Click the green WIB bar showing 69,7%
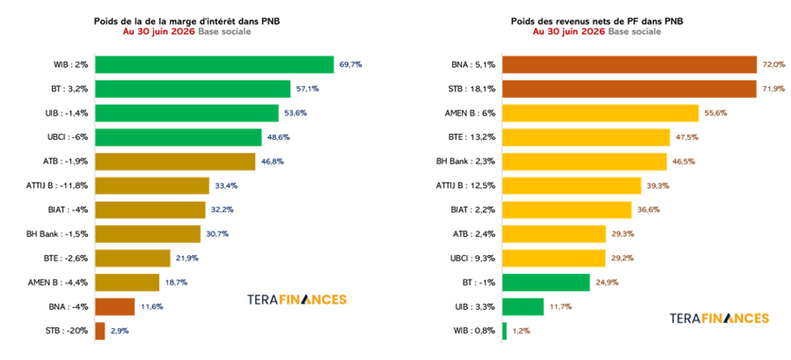pos(214,64)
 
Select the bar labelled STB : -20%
pos(100,332)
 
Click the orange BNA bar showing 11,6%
pos(115,307)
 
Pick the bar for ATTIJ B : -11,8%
pos(152,186)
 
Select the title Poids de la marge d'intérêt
pos(187,21)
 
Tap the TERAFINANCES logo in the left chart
pos(296,300)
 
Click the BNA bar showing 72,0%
pos(629,64)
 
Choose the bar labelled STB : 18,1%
pos(629,89)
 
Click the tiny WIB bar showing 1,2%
pos(505,332)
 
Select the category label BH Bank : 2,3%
pos(465,162)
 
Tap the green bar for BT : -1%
pos(546,283)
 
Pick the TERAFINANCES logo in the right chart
pos(719,319)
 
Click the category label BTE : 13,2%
pos(473,137)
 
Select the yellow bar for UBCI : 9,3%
pos(554,259)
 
